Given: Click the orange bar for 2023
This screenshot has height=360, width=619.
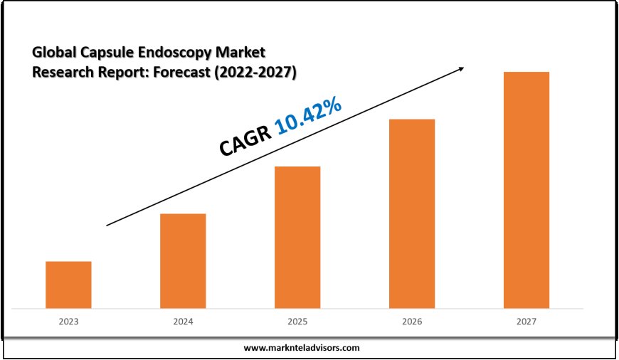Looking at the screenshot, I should pyautogui.click(x=68, y=285).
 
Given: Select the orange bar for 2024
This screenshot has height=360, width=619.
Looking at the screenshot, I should pyautogui.click(x=183, y=261).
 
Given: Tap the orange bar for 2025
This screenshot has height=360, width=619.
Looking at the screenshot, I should pyautogui.click(x=297, y=237).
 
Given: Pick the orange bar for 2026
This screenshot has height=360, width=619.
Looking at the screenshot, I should pyautogui.click(x=412, y=213).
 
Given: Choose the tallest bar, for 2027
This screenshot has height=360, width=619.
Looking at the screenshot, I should pyautogui.click(x=527, y=190).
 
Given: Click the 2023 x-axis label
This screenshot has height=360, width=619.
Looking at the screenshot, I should pyautogui.click(x=68, y=322).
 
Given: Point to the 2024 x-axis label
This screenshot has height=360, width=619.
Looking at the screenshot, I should pyautogui.click(x=183, y=322).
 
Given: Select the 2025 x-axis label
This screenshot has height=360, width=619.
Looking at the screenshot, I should pyautogui.click(x=297, y=322).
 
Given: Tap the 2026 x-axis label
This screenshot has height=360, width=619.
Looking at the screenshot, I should pyautogui.click(x=412, y=322).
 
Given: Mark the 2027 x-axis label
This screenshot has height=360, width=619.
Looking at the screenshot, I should pyautogui.click(x=527, y=322).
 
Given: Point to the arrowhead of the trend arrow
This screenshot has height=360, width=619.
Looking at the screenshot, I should pyautogui.click(x=462, y=68).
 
